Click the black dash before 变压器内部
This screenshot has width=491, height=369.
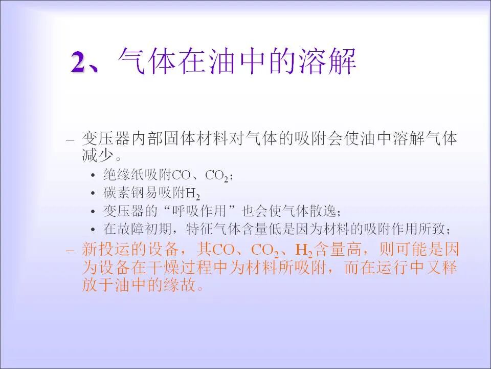point(71,139)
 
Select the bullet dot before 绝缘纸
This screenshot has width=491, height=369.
point(93,176)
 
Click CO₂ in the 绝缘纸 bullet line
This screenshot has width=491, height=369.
point(217,176)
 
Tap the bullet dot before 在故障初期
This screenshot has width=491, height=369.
point(93,229)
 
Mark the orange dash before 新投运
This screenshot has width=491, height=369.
point(71,251)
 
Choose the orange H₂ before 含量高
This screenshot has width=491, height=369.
point(304,251)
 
